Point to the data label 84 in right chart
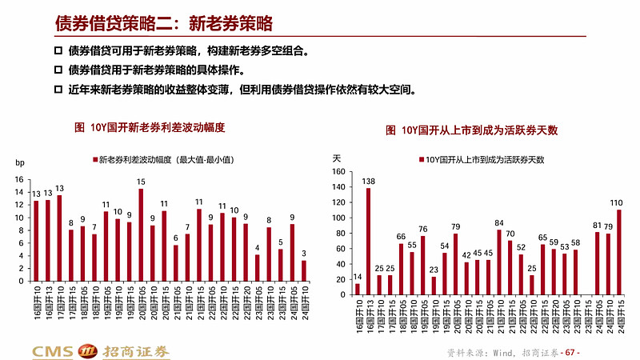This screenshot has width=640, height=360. point(499,223)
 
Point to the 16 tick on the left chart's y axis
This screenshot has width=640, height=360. point(20,180)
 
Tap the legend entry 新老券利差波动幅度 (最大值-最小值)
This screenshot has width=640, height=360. point(162,160)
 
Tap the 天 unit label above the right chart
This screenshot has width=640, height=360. point(337,158)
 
